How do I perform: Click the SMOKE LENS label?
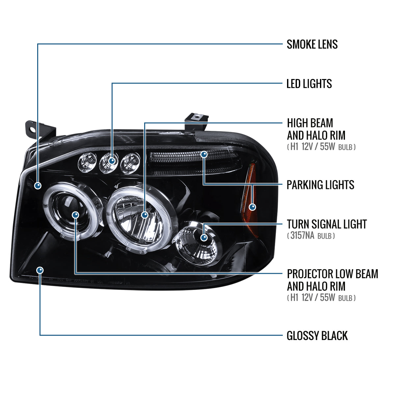pos(312,44)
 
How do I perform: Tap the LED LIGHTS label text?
pos(309,84)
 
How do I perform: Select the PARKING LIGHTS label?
pos(320,185)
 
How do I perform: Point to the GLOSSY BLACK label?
pos(317,336)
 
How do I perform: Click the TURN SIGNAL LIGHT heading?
pos(327,224)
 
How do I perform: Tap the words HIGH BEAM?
pos(310,123)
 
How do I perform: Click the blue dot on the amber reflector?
pos(252,207)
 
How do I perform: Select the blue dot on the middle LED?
pos(112,161)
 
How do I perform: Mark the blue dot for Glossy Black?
pos(40,270)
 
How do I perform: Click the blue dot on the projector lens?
pos(76,215)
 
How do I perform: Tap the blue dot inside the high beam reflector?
pos(145,215)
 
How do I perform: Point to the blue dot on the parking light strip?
pos(204,154)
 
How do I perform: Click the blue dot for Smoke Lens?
pos(38,185)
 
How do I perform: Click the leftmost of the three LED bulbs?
pos(86,162)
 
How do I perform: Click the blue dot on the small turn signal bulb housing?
pos(204,237)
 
